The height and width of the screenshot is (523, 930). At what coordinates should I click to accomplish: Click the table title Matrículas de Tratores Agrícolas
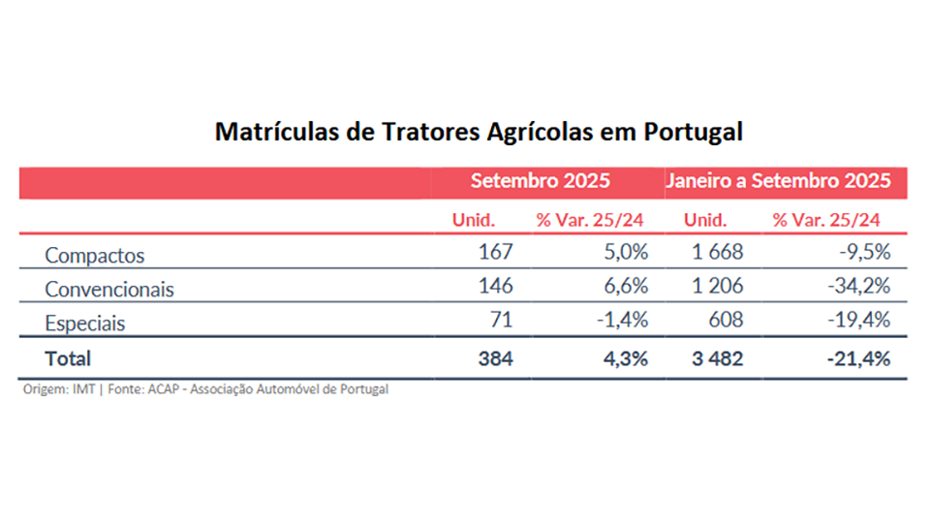479,132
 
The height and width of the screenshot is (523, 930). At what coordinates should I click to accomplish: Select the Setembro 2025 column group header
540,181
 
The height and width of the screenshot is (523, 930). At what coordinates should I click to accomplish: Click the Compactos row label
95,256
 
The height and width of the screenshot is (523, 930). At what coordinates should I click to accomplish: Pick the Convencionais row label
109,289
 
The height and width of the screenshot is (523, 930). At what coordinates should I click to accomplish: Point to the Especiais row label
85,323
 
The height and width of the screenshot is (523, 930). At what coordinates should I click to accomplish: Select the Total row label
68,358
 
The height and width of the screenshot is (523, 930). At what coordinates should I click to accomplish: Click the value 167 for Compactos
495,254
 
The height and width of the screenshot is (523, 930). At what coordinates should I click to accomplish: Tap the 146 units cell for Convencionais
495,287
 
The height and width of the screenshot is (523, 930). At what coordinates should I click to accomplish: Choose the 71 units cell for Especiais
501,321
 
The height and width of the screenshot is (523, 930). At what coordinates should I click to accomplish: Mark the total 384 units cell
495,358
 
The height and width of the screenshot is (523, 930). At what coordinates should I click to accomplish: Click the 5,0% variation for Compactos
624,254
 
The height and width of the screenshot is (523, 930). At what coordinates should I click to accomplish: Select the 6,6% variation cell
624,287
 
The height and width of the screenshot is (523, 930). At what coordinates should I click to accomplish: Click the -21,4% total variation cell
858,358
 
